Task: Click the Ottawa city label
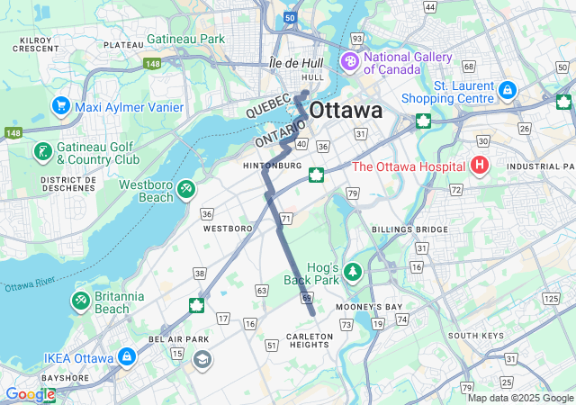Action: [346, 110]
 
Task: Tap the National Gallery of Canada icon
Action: [348, 62]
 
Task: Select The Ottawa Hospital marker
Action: [480, 166]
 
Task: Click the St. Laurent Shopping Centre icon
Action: [507, 91]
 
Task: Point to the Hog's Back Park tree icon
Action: [354, 271]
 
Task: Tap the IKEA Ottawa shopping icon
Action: [127, 358]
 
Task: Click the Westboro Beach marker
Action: [185, 190]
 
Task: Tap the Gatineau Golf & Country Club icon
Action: [41, 151]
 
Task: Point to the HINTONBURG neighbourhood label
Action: [272, 166]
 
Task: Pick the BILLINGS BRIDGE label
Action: [409, 229]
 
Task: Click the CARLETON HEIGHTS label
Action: [310, 340]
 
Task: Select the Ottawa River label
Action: [32, 285]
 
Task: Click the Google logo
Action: [30, 394]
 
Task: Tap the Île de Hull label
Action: [295, 64]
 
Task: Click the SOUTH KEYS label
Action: [475, 336]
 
